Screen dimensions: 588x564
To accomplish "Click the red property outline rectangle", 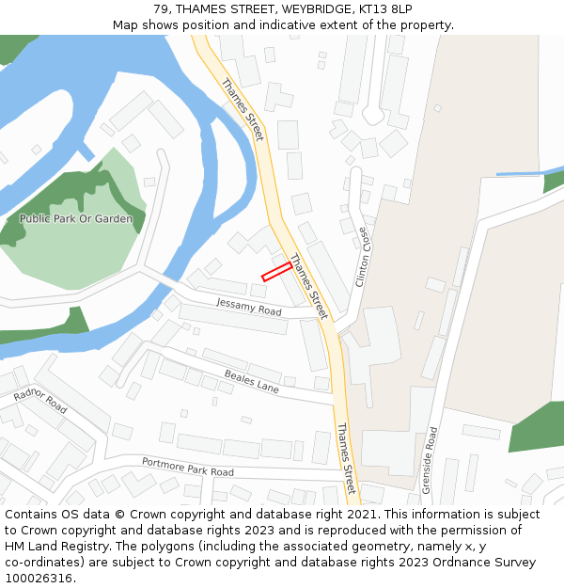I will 276,271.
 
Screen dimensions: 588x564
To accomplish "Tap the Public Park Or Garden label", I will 76,219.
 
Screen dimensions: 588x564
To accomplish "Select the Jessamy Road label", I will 249,308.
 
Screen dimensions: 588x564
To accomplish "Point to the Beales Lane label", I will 252,381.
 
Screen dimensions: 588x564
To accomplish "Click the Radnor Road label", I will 40,401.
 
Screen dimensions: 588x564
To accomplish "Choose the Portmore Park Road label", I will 187,466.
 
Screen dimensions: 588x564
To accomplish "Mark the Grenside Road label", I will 431,460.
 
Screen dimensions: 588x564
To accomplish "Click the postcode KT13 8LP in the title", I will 385,9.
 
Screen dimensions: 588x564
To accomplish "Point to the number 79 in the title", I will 161,9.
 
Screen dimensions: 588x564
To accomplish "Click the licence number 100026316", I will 38,579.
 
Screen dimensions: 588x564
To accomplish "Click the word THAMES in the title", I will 203,9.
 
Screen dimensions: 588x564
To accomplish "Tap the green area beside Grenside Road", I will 537,428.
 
